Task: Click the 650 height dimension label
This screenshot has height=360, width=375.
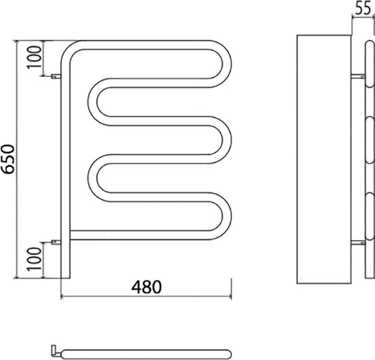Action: click(x=8, y=159)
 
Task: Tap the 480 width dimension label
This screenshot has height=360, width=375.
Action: click(x=147, y=287)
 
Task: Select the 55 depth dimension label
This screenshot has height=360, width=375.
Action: click(x=363, y=9)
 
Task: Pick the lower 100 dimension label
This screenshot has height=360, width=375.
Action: click(x=34, y=259)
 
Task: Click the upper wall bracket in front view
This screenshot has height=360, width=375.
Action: click(x=56, y=76)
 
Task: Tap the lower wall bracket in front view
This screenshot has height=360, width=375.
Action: click(x=56, y=242)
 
